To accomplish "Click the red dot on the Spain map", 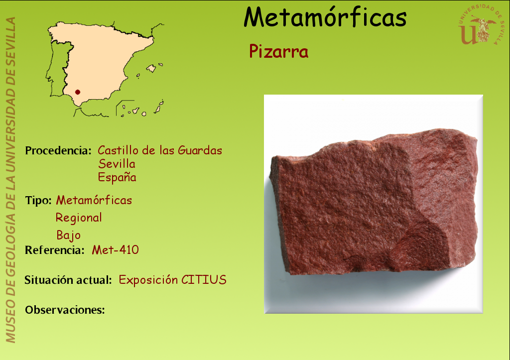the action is pyautogui.click(x=77, y=92).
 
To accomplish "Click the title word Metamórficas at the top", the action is pyautogui.click(x=325, y=17).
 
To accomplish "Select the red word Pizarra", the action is pyautogui.click(x=278, y=51).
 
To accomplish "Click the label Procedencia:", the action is pyautogui.click(x=58, y=150).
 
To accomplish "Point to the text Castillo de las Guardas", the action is pyautogui.click(x=160, y=150).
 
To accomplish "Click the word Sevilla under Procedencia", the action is pyautogui.click(x=117, y=164).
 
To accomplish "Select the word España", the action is pyautogui.click(x=117, y=177).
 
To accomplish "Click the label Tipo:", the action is pyautogui.click(x=38, y=200).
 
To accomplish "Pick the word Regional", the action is pyautogui.click(x=79, y=218).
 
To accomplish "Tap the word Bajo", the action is pyautogui.click(x=68, y=235).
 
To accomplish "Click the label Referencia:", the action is pyautogui.click(x=55, y=250).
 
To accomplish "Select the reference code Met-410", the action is pyautogui.click(x=115, y=250).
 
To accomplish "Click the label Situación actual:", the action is pyautogui.click(x=68, y=280).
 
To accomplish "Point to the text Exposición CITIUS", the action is pyautogui.click(x=172, y=280).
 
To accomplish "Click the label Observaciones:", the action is pyautogui.click(x=65, y=310).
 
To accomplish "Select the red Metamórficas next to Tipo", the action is pyautogui.click(x=94, y=200).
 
